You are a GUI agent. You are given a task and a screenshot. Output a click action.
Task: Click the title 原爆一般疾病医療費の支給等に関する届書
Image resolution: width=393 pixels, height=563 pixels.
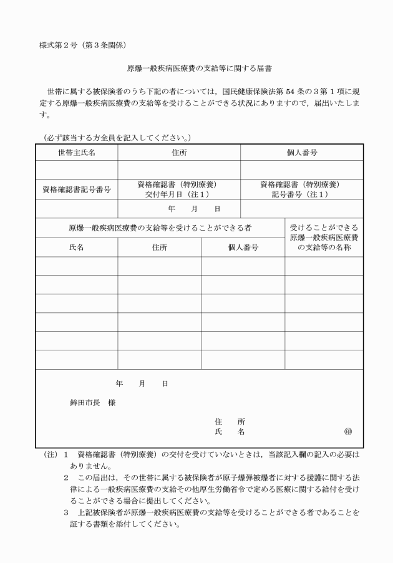point(196,70)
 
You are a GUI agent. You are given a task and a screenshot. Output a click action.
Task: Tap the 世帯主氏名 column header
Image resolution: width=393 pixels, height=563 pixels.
point(77,153)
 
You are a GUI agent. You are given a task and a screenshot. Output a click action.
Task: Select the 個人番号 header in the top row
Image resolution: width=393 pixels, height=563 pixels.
point(301,153)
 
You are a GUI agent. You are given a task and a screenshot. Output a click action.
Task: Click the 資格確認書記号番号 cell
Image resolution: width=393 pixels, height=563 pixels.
point(77,190)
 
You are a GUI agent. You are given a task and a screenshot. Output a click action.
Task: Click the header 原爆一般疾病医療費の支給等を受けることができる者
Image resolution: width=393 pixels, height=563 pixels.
point(160,228)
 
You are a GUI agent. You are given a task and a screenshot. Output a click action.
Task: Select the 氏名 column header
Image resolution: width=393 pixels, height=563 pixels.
point(76,248)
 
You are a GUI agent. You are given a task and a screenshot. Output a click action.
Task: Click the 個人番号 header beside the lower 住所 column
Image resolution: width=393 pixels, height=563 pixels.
point(243,248)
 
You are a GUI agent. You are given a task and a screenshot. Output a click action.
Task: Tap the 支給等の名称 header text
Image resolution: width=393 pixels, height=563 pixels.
point(324,248)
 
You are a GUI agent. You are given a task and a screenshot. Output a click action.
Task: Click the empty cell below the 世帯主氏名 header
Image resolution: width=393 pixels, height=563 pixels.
point(77,169)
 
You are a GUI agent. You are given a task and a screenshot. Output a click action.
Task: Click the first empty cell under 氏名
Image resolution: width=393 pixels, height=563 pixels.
point(77,266)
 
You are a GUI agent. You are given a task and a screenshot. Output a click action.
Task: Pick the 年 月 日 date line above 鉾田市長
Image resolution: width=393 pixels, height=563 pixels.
point(142,383)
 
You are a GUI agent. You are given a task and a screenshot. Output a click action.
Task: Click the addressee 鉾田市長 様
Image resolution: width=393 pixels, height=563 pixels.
point(92,402)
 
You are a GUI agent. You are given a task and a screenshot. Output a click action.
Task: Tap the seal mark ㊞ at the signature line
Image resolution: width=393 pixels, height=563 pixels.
point(347,431)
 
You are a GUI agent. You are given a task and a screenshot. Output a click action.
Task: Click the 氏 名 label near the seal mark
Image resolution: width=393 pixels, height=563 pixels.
point(229,431)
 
